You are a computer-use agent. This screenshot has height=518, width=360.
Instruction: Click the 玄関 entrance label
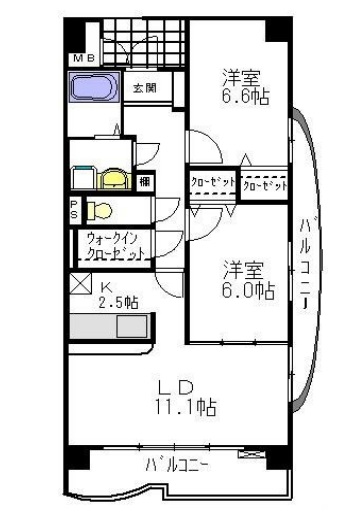[x=144, y=89]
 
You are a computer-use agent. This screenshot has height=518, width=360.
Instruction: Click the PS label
[x=75, y=210]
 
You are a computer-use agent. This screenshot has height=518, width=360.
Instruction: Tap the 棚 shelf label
[x=146, y=181]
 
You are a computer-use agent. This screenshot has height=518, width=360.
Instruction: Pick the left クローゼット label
[x=211, y=184]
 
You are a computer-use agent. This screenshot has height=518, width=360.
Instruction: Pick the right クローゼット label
[x=264, y=185]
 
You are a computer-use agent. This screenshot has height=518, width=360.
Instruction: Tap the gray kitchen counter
[x=132, y=327]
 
